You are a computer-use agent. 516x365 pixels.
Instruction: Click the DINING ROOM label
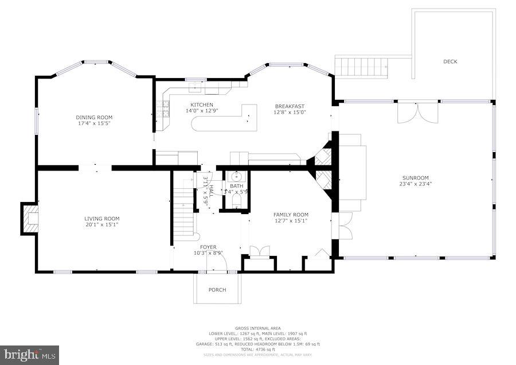(95, 117)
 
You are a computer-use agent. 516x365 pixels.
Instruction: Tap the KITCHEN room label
(202, 104)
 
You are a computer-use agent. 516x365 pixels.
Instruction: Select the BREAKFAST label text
(290, 106)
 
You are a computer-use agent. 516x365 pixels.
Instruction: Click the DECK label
(450, 61)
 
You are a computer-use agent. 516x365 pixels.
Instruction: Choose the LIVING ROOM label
(102, 218)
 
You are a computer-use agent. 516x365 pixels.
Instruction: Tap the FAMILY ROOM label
(290, 215)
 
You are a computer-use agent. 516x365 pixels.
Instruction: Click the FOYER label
(208, 247)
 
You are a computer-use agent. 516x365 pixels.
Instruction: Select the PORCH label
(217, 290)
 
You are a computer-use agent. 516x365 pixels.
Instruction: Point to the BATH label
(236, 186)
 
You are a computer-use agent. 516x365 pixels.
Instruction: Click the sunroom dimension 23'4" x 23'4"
(415, 184)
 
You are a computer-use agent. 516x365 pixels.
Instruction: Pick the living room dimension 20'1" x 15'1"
(102, 224)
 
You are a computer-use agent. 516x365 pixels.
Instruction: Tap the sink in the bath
(236, 176)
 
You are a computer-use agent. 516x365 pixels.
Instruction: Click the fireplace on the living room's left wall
(30, 219)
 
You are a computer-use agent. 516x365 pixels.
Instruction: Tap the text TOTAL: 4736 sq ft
(257, 349)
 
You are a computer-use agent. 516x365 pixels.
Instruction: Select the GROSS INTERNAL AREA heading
(257, 328)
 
